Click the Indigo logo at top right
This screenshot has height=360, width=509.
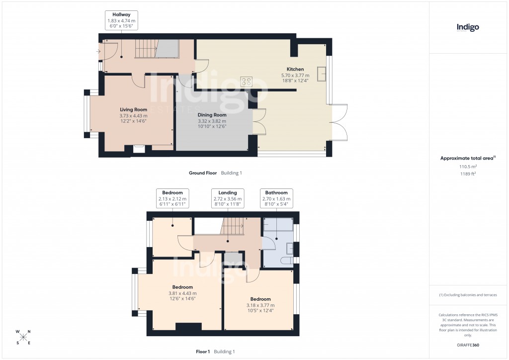(x=467, y=27)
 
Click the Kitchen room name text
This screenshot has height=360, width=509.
(x=295, y=69)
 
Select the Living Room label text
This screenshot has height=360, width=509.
(x=133, y=109)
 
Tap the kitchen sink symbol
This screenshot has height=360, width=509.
(x=322, y=74)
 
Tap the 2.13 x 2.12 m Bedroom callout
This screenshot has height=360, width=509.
(x=172, y=198)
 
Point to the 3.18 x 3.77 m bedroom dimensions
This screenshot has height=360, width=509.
(x=260, y=305)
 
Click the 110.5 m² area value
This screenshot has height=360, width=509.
(x=467, y=167)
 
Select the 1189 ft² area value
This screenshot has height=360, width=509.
(x=467, y=174)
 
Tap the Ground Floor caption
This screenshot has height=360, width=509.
(x=203, y=173)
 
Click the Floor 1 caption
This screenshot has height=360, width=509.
(x=203, y=352)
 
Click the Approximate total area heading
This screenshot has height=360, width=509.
(x=467, y=158)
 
